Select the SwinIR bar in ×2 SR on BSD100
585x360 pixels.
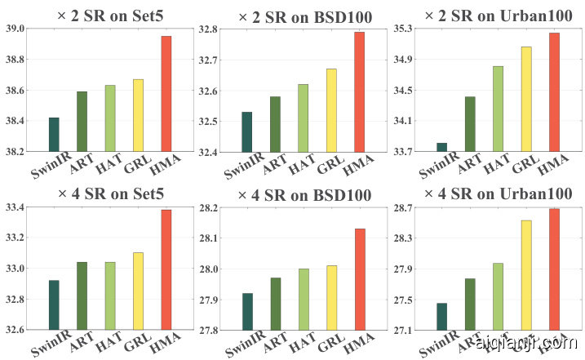tap(247, 131)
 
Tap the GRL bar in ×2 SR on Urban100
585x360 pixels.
tap(526, 99)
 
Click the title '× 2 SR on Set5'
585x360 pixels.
tap(96, 16)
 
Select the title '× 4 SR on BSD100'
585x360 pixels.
tap(304, 195)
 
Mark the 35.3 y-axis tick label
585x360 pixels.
tap(402, 29)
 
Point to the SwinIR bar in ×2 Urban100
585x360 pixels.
tap(442, 147)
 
